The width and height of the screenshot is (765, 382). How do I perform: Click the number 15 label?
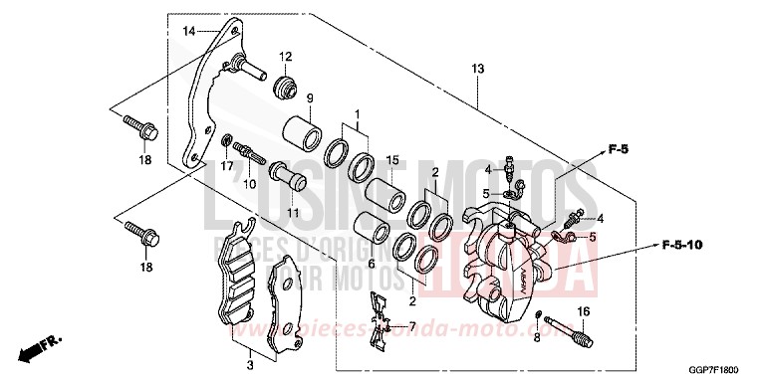[x=392, y=161]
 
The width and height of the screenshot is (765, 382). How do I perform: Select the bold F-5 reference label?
[x=620, y=150]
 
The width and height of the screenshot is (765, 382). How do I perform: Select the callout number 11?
[x=293, y=213]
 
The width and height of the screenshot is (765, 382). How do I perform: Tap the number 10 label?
[x=250, y=184]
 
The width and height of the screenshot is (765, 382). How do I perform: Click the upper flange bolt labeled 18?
[x=136, y=128]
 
